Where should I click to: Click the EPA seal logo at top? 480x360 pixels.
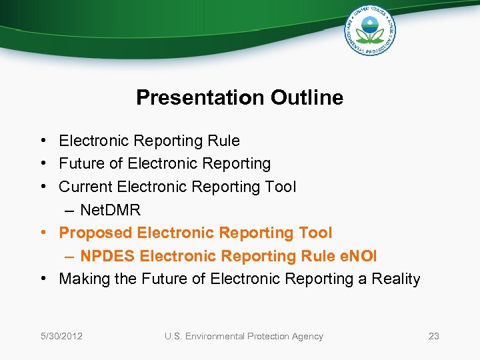(370, 30)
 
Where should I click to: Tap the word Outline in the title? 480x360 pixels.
(307, 98)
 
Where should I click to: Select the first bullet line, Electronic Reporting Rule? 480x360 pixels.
(149, 141)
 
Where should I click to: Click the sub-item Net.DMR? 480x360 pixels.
(110, 210)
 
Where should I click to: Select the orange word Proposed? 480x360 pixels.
(95, 233)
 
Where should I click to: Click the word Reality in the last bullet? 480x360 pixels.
(395, 279)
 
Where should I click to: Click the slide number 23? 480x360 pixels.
(433, 336)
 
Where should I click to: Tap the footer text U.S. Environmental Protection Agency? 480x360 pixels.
(243, 336)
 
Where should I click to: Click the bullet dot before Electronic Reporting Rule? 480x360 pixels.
(42, 141)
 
